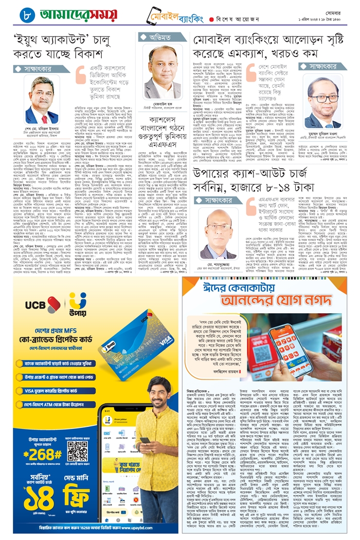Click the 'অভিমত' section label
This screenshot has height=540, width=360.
point(161,37)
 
